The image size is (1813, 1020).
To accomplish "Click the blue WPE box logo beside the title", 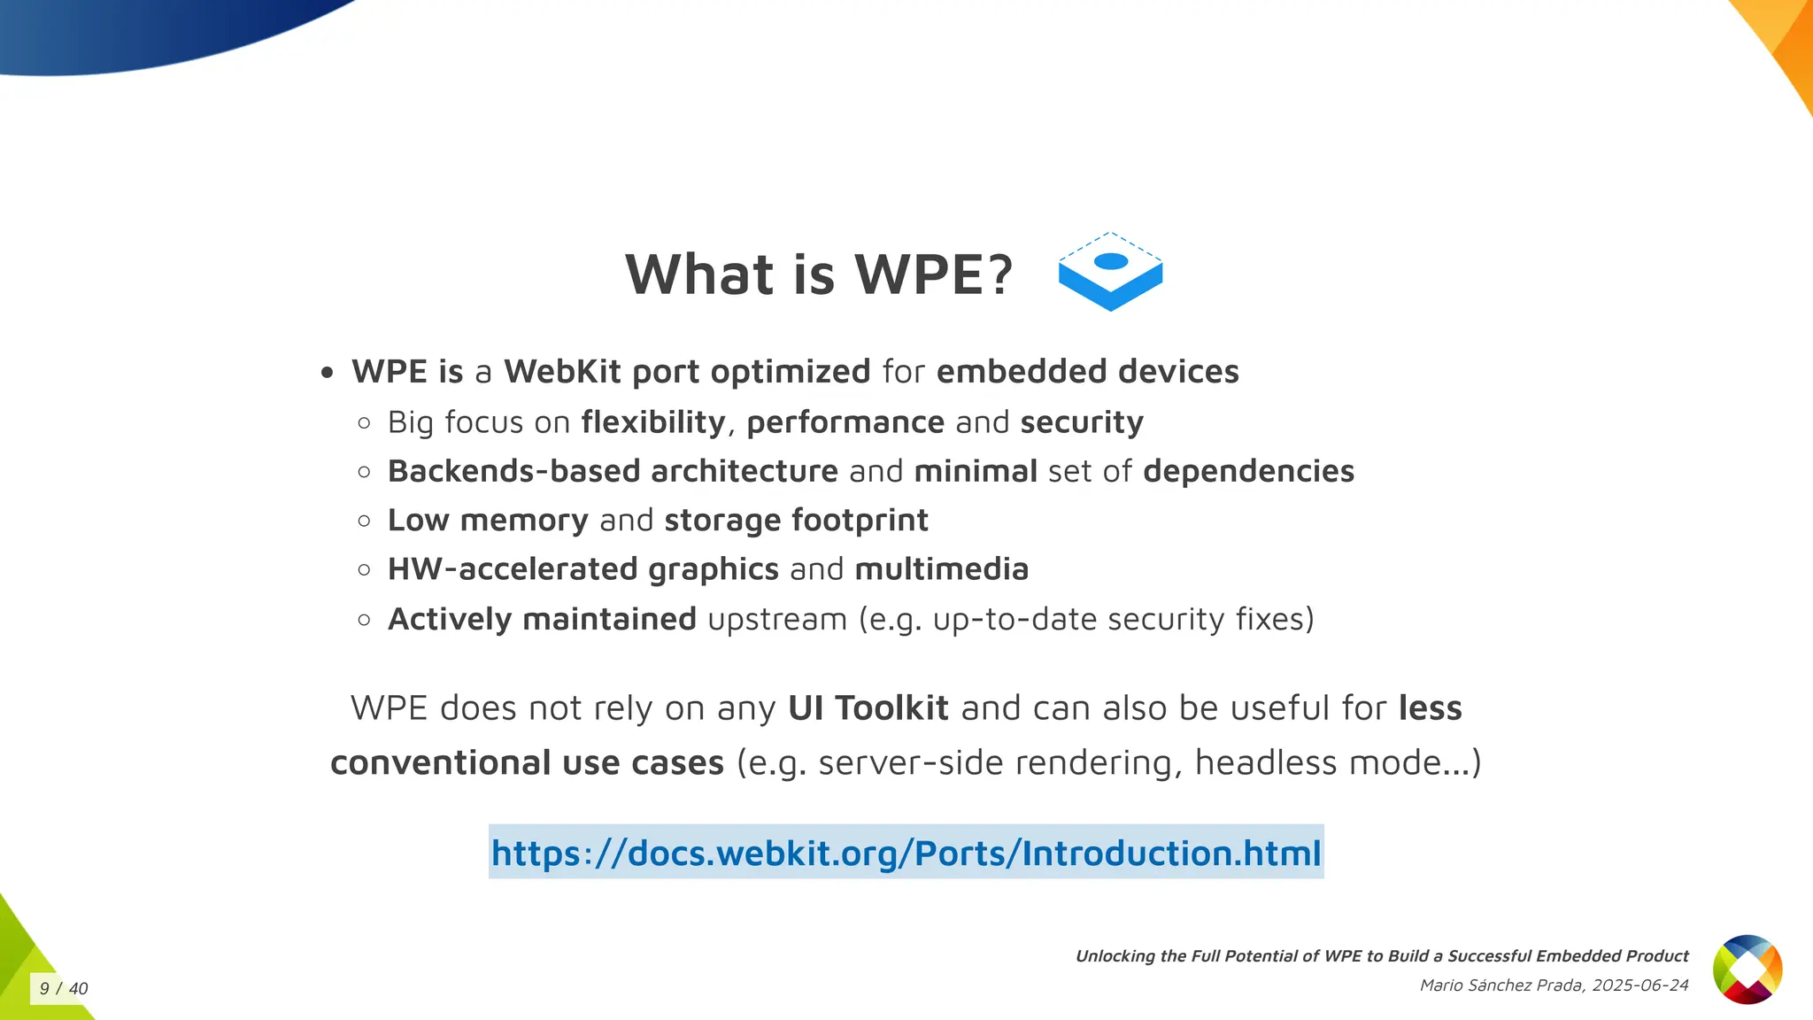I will (1110, 272).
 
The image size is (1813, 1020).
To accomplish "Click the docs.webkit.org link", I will (906, 853).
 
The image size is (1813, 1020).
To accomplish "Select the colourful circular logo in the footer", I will (1747, 970).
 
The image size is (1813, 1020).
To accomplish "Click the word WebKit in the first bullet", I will (562, 372).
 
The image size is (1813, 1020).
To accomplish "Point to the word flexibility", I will (653, 422).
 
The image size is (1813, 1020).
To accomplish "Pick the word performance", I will (845, 422).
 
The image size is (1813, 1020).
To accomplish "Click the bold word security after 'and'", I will (1081, 422).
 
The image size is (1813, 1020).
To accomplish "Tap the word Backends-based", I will (513, 471).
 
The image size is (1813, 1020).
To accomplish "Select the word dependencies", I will (1248, 471).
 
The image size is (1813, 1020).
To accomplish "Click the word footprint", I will (860, 521).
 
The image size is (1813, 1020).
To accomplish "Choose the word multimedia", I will (941, 569).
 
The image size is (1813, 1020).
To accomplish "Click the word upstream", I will (777, 619).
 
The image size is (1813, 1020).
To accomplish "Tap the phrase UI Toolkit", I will (868, 708).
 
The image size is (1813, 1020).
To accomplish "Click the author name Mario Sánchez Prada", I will (1501, 985).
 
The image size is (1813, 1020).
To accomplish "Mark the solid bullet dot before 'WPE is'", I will (328, 374).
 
